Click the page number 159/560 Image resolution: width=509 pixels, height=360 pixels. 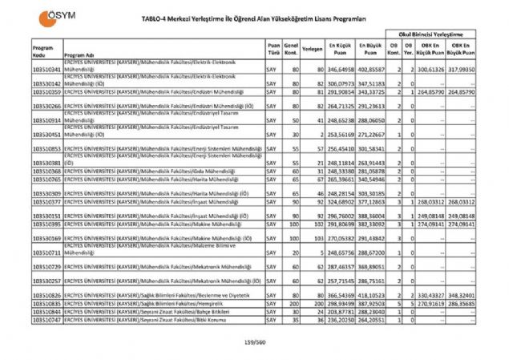point(254,344)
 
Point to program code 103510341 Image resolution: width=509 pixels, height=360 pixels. point(46,71)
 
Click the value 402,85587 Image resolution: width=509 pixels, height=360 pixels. point(372,71)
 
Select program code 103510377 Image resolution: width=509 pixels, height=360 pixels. point(46,204)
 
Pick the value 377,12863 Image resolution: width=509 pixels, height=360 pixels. point(372,204)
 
